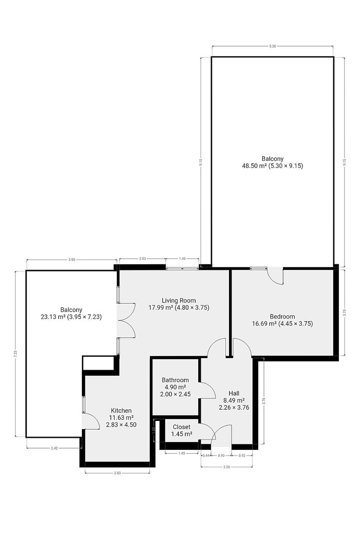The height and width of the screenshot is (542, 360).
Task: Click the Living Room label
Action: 178,300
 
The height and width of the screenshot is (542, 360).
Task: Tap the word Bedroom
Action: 282,317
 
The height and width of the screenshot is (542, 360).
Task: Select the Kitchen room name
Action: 121,411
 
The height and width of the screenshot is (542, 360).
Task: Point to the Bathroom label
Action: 175,380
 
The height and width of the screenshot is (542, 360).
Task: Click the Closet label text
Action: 182,427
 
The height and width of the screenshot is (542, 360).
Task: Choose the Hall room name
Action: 234,393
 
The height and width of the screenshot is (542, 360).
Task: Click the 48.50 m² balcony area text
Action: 272,166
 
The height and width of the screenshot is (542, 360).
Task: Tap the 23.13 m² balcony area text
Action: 71,317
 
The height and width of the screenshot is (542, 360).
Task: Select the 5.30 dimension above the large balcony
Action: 272,46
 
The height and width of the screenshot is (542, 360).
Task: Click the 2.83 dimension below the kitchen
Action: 117,473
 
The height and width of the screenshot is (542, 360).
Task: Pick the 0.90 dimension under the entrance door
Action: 221,455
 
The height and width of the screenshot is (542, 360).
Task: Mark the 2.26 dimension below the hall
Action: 226,467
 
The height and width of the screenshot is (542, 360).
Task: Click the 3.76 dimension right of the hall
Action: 264,401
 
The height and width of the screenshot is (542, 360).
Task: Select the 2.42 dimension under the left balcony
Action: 54,448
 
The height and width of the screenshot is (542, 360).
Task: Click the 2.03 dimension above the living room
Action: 142,259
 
